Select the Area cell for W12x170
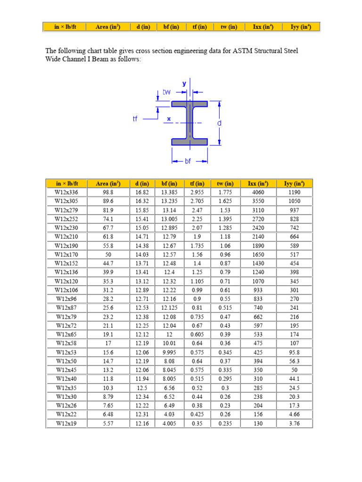click(x=108, y=255)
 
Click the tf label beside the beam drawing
click(x=135, y=119)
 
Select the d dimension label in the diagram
click(x=219, y=123)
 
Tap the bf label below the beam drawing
click(x=188, y=161)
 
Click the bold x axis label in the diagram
click(x=169, y=119)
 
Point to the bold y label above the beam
click(x=184, y=83)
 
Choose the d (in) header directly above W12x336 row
click(x=143, y=184)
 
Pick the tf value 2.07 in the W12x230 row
click(x=197, y=228)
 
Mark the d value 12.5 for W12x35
click(x=143, y=387)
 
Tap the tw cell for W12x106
click(x=226, y=289)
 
